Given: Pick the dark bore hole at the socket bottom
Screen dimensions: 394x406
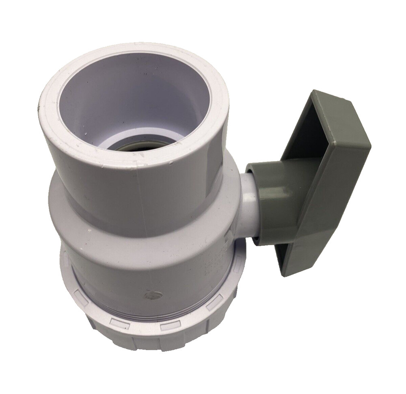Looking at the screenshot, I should tap(142, 146).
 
